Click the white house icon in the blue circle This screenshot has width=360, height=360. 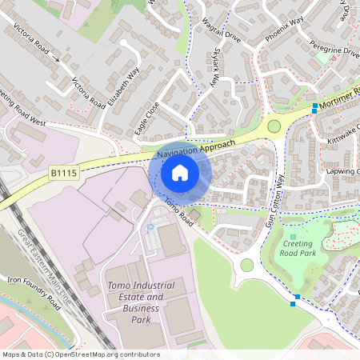[x=179, y=172]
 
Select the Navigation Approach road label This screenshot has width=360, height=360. [x=196, y=147]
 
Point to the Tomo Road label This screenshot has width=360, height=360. [x=178, y=210]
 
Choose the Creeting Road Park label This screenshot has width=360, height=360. [x=297, y=248]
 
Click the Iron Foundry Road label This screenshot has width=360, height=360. [x=34, y=292]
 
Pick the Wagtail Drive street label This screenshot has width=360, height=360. [x=221, y=34]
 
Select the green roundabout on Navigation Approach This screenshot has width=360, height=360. [x=274, y=126]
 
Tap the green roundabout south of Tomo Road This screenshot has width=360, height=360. [x=246, y=265]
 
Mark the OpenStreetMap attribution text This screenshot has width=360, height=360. [x=80, y=354]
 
